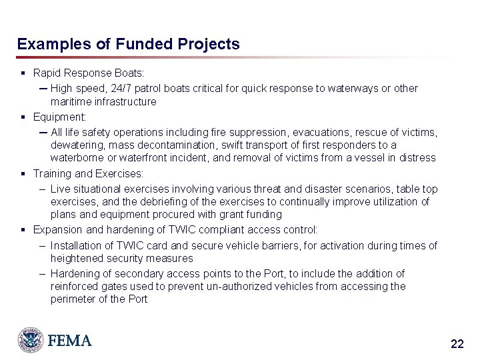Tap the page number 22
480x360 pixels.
(457, 344)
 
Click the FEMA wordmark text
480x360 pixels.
(69, 341)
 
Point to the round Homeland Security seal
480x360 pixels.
(31, 340)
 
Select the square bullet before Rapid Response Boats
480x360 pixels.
(23, 72)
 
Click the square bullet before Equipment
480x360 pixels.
(23, 117)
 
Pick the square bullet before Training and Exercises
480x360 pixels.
(23, 173)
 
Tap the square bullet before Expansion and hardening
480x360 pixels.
(23, 230)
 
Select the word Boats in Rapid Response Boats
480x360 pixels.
(131, 72)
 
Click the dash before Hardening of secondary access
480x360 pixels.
(42, 273)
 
